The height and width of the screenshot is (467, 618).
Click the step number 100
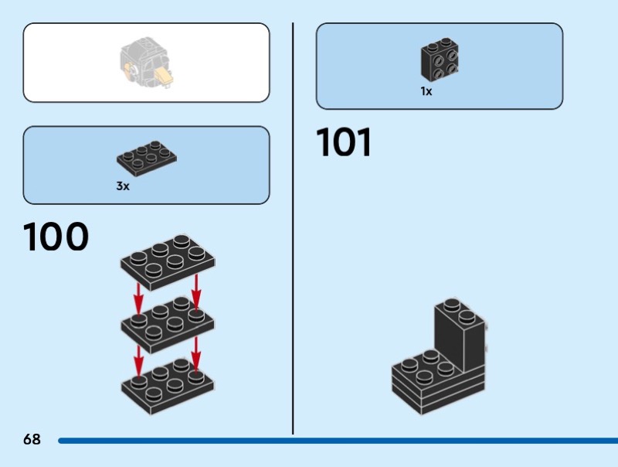click(56, 237)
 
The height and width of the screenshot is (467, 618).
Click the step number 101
click(344, 143)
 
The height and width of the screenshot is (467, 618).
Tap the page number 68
click(32, 440)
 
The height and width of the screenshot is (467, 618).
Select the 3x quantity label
click(123, 186)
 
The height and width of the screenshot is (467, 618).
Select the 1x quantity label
click(426, 91)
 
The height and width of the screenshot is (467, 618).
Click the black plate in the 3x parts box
click(149, 158)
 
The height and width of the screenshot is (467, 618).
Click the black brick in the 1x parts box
click(441, 61)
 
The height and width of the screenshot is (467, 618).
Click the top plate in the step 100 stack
click(168, 260)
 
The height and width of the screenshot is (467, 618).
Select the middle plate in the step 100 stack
click(168, 326)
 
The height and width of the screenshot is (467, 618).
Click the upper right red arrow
click(196, 291)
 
